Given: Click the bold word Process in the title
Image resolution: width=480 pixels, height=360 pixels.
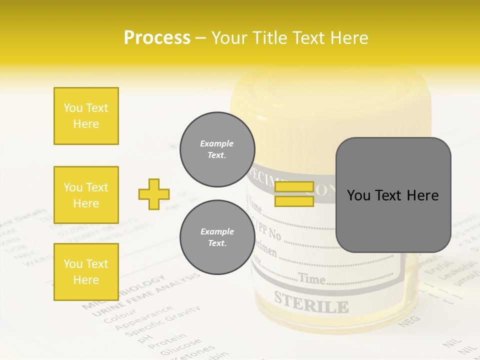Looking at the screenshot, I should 157,38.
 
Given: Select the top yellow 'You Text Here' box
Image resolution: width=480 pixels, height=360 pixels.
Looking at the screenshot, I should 86,116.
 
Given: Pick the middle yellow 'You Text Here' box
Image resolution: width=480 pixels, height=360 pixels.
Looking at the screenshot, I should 86,195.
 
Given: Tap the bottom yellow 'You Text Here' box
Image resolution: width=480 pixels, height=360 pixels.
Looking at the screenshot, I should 86,272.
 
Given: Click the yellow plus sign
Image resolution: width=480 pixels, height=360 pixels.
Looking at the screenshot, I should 154,194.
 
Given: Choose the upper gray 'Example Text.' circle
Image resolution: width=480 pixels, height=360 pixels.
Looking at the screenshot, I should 217,149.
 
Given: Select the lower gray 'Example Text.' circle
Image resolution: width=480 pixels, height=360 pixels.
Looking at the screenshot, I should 217,237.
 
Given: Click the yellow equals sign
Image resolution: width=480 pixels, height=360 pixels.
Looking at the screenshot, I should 294,194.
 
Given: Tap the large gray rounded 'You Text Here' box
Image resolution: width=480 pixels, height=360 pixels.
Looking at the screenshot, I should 393,195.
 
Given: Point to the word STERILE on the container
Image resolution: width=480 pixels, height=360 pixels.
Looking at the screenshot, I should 311,301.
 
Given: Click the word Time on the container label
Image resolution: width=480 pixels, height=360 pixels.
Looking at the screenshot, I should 311,278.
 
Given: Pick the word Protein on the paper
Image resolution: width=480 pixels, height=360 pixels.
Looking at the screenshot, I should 167,340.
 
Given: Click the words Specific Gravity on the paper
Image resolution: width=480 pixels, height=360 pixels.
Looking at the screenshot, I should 162,320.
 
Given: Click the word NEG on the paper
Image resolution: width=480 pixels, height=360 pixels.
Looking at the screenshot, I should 406,323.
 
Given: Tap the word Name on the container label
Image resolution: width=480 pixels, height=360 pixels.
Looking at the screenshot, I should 255,205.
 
